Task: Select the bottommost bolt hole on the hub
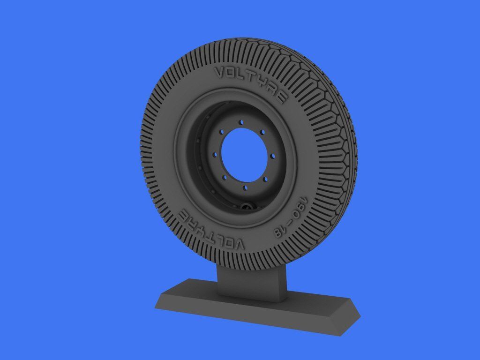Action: coord(244,187)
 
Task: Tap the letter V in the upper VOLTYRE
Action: coord(218,72)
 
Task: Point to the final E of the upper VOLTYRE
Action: coord(282,97)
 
